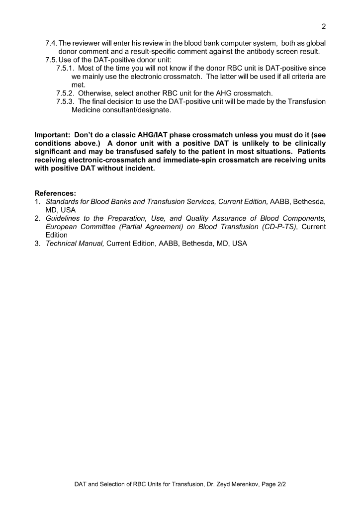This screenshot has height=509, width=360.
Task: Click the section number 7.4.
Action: tap(51, 43)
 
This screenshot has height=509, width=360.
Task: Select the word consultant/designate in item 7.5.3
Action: tap(135, 110)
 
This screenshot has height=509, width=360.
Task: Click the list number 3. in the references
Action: tap(37, 244)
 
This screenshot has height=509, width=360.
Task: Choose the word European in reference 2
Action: tap(62, 227)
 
